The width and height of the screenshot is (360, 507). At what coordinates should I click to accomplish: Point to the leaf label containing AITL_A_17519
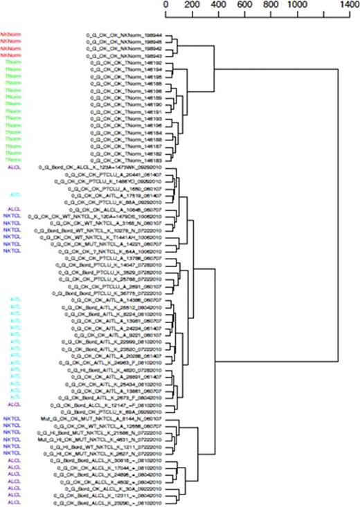coord(117,196)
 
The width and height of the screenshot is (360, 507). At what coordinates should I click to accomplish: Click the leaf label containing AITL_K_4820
coord(114,370)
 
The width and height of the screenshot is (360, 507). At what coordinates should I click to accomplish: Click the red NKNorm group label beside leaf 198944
coord(9,34)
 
